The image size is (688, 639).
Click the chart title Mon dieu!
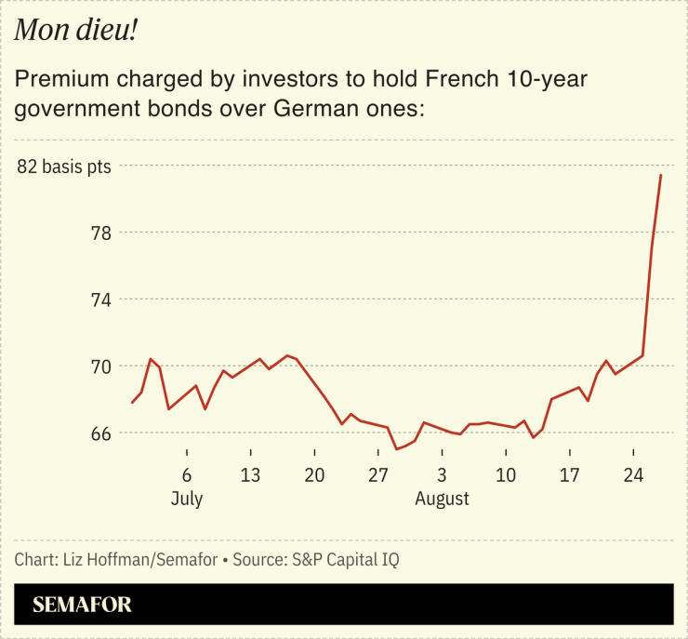(76, 32)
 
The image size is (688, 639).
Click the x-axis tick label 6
(187, 474)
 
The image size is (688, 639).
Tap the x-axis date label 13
(250, 474)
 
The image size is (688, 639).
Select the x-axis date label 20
(314, 474)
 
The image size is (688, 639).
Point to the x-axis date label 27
(378, 474)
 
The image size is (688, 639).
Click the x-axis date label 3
(443, 474)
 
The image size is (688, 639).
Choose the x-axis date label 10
(506, 474)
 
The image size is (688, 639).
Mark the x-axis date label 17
(570, 474)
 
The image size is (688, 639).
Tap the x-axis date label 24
(634, 474)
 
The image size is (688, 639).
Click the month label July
(187, 499)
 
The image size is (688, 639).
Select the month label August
(443, 499)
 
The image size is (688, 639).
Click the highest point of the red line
(661, 175)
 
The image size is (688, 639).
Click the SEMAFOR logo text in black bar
(82, 605)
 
